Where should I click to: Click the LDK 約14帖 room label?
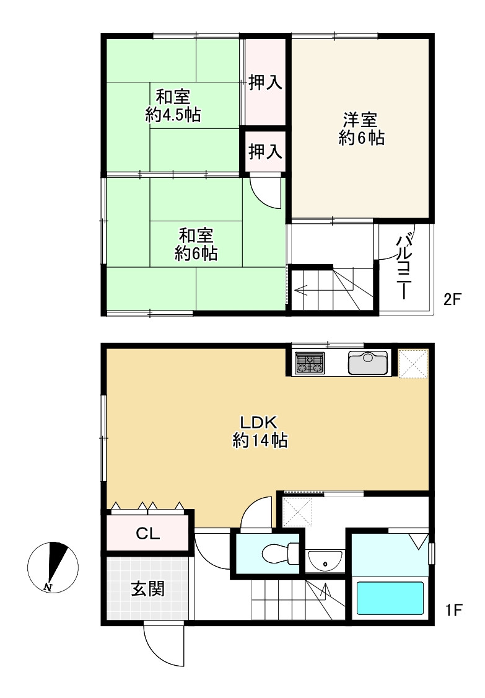pyautogui.click(x=260, y=431)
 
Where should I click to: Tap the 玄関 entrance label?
pyautogui.click(x=147, y=589)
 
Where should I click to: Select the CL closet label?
pyautogui.click(x=147, y=533)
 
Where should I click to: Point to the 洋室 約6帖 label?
pyautogui.click(x=361, y=129)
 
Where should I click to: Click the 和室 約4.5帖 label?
pyautogui.click(x=173, y=105)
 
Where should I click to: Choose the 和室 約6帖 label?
pyautogui.click(x=196, y=244)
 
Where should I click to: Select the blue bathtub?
pyautogui.click(x=390, y=598)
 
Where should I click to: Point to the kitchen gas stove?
pyautogui.click(x=309, y=363)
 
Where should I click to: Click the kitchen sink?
pyautogui.click(x=367, y=363)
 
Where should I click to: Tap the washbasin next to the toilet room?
pyautogui.click(x=325, y=562)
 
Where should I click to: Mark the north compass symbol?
pyautogui.click(x=53, y=568)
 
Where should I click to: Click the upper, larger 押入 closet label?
pyautogui.click(x=265, y=82)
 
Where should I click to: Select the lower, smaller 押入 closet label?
pyautogui.click(x=265, y=151)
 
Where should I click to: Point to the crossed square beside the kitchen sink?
pyautogui.click(x=413, y=363)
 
